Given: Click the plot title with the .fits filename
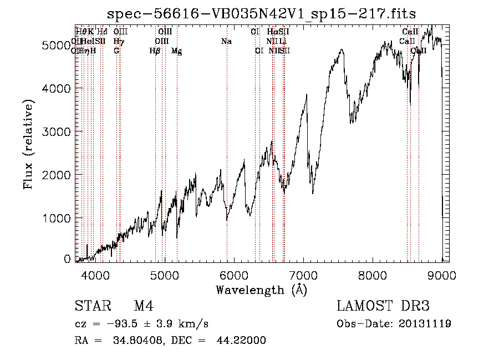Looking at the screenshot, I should (x=261, y=13).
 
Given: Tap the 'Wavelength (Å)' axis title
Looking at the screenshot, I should (x=261, y=290).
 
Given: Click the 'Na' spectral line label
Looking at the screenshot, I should (x=226, y=42).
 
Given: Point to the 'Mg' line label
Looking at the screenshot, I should (x=177, y=51).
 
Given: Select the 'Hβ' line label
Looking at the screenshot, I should (x=155, y=51).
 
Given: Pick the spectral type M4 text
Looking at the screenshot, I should (x=144, y=307).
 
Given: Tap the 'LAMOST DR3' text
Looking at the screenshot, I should (x=383, y=307).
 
